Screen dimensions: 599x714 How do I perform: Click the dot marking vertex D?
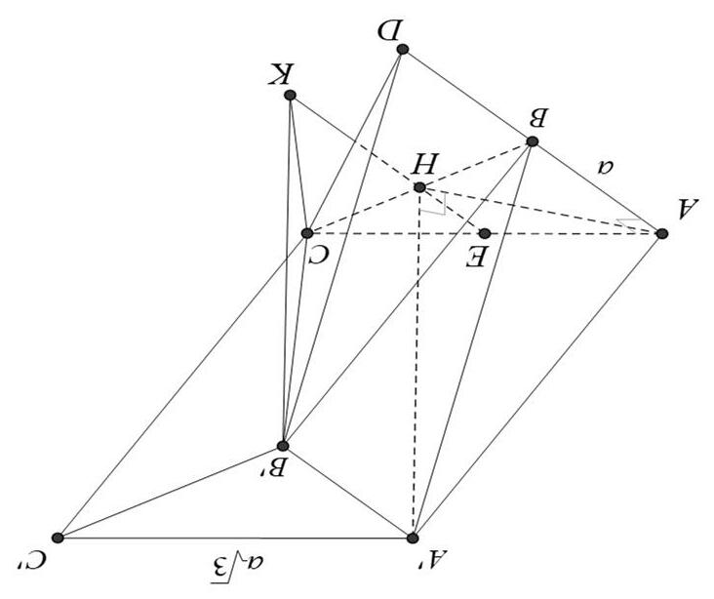(402, 49)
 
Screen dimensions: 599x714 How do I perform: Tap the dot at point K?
(289, 96)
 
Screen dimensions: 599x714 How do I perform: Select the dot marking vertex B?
(532, 141)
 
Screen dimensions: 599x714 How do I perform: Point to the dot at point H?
(419, 187)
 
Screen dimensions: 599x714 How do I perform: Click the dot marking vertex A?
(661, 233)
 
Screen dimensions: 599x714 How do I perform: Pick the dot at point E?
(484, 233)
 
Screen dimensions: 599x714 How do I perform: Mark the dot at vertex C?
(307, 233)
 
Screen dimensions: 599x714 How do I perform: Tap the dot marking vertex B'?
(283, 445)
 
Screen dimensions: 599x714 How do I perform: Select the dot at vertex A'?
(413, 538)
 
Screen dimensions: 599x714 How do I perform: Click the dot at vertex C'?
(58, 538)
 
